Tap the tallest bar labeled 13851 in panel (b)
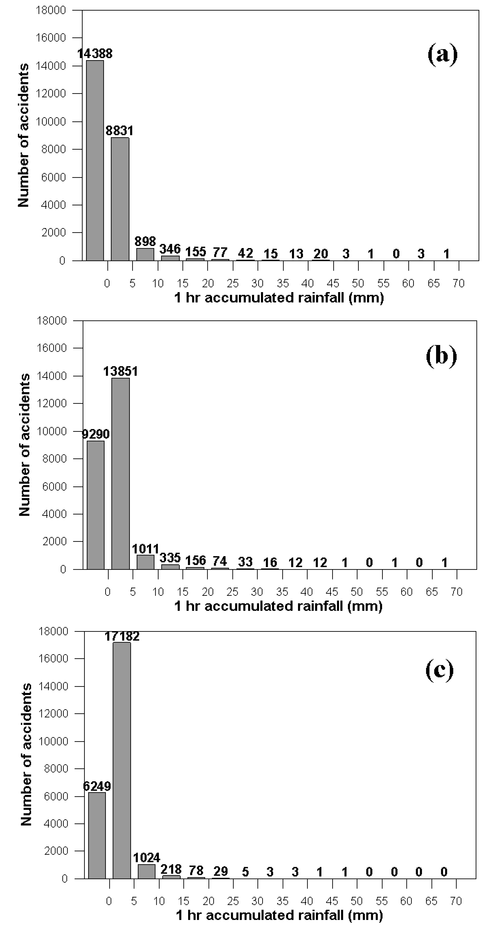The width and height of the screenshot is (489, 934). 120,474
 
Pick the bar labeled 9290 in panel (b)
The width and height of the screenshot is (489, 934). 95,505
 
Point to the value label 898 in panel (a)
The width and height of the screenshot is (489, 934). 145,241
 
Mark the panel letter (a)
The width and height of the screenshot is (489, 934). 442,54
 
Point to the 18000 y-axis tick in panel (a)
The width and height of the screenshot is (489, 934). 51,10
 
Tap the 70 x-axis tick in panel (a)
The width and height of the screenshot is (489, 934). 458,283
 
